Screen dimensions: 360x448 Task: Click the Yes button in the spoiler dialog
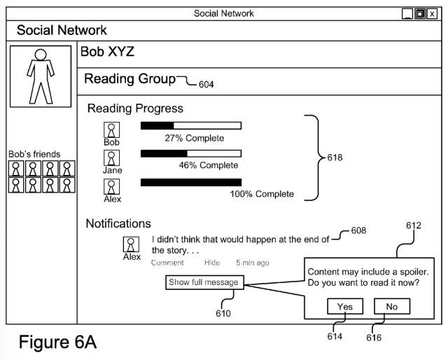coord(344,307)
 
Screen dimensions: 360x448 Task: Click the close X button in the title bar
coord(431,13)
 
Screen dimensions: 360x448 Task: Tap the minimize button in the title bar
coord(407,13)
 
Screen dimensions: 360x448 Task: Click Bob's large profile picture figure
coord(40,76)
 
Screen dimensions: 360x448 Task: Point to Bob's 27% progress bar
coord(190,125)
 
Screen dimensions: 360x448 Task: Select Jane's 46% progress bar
coord(190,153)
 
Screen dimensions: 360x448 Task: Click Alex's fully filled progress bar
coord(190,182)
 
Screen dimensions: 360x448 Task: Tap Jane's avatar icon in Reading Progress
coord(111,158)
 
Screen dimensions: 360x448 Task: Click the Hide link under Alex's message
coord(212,263)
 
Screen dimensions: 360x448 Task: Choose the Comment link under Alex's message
coord(167,263)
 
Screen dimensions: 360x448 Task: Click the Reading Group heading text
coord(129,79)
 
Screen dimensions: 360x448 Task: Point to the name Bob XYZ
coord(107,51)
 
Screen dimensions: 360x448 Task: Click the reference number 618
coord(335,158)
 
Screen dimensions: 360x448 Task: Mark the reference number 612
coord(414,225)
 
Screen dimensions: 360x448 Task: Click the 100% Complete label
coord(262,194)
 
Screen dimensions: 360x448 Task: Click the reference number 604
coord(206,85)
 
